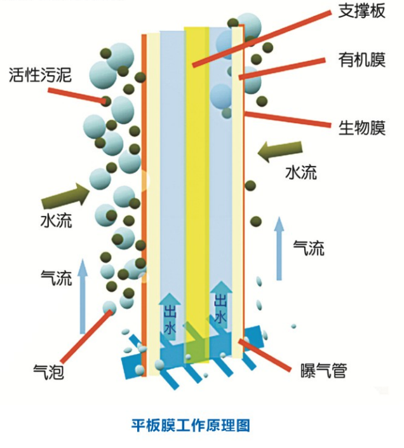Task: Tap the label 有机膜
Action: pos(362,62)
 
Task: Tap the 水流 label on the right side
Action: pos(300,172)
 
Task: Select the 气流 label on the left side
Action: pos(56,277)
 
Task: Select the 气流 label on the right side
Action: pos(309,248)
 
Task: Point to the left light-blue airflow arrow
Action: pos(82,295)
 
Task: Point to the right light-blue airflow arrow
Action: pos(278,248)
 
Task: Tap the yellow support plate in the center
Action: pos(196,191)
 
